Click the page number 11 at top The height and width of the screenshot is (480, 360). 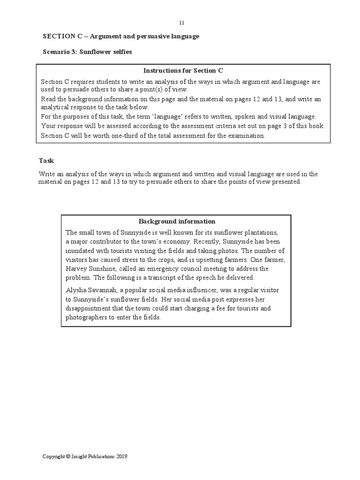click(x=182, y=22)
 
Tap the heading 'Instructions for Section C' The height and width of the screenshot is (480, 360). click(x=183, y=71)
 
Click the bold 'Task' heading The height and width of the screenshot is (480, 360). click(x=46, y=161)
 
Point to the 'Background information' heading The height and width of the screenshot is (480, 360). click(x=177, y=221)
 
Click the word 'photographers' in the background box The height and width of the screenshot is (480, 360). click(x=88, y=317)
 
